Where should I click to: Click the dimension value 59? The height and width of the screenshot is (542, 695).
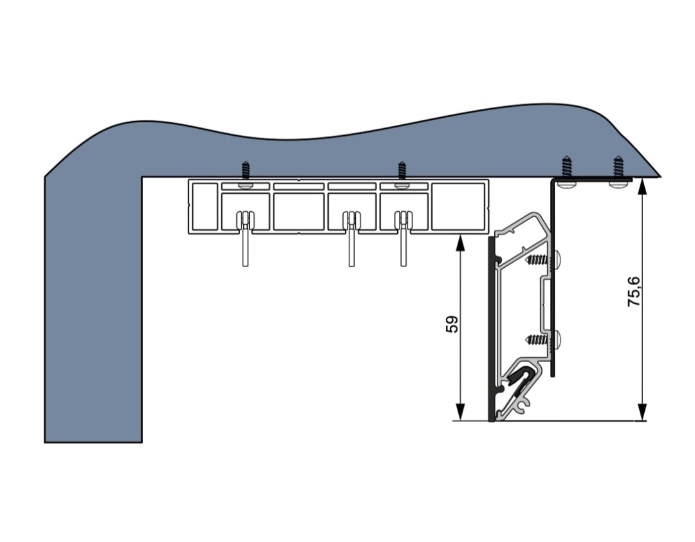(x=452, y=324)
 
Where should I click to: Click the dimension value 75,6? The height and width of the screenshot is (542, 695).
(x=634, y=291)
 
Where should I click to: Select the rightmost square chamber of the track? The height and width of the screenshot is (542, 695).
(x=458, y=206)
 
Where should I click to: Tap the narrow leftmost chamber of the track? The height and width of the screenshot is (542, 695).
(x=203, y=206)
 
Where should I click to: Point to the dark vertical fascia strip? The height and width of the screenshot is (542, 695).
(x=492, y=328)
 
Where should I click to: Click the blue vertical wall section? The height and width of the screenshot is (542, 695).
(x=93, y=309)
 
